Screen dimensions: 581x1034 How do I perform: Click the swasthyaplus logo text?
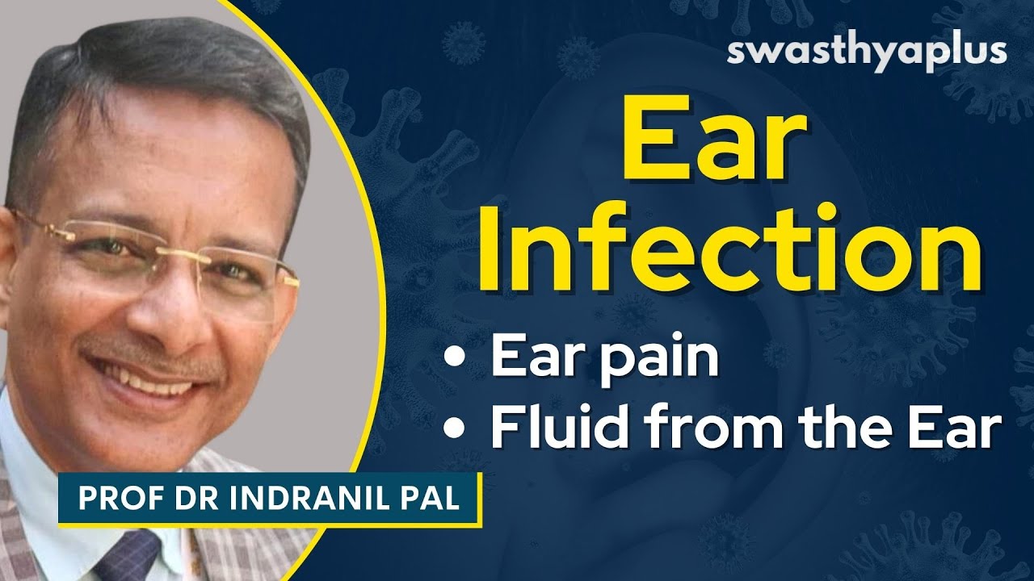click(x=867, y=51)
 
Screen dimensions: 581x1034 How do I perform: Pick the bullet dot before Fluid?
click(x=460, y=429)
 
